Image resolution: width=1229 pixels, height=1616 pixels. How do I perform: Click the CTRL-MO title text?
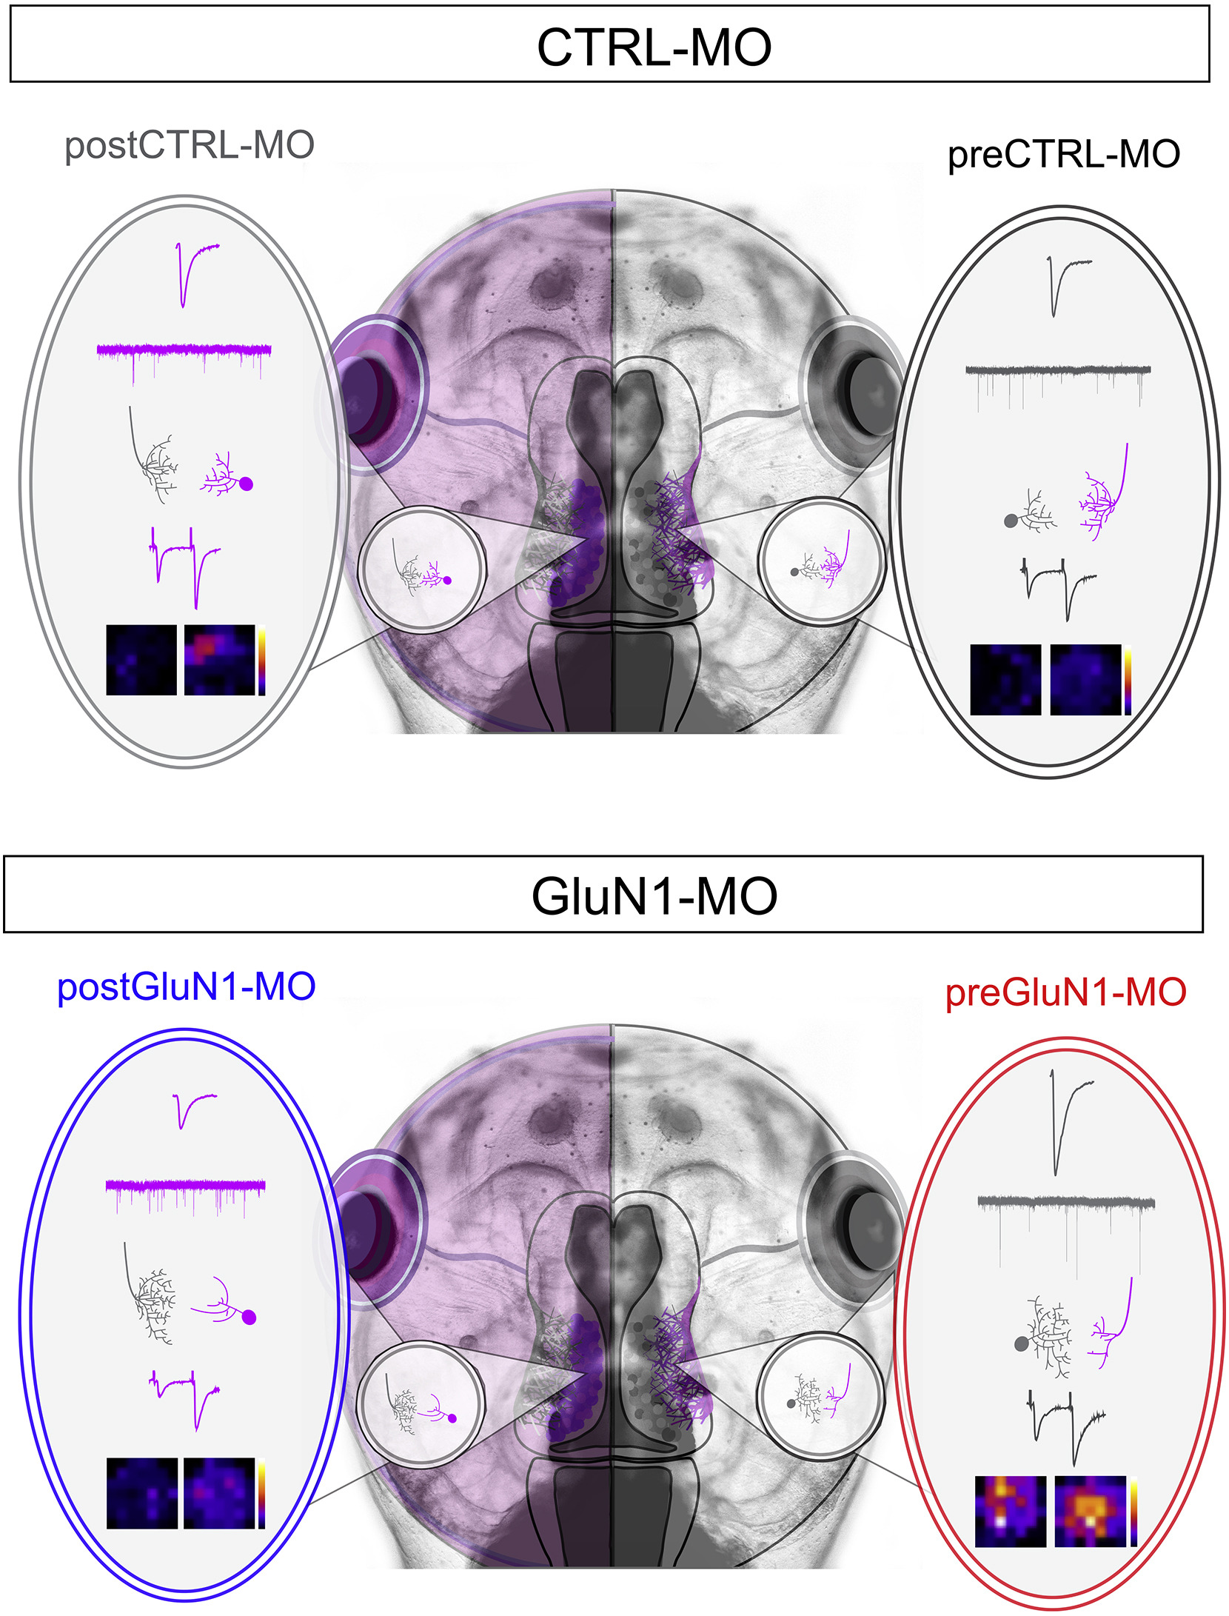tap(654, 47)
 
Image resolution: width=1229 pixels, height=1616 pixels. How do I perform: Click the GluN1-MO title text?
tap(654, 896)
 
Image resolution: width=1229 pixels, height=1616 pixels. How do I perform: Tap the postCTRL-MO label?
tap(190, 145)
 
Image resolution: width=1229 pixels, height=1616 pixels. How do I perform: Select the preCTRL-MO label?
tap(1063, 155)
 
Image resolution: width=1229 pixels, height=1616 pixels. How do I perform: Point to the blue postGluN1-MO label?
tap(187, 987)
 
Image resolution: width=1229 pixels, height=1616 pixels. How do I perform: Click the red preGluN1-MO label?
tap(1065, 992)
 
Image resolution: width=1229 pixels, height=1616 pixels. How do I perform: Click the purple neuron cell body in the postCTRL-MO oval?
tap(247, 484)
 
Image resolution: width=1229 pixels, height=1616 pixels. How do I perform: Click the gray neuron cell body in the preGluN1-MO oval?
tap(1021, 1343)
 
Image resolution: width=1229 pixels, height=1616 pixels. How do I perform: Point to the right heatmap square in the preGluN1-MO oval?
tap(1090, 1511)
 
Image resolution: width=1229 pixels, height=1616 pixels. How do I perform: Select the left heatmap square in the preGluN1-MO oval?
tap(1010, 1511)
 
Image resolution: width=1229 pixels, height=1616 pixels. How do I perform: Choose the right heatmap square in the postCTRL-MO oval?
tap(219, 660)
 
